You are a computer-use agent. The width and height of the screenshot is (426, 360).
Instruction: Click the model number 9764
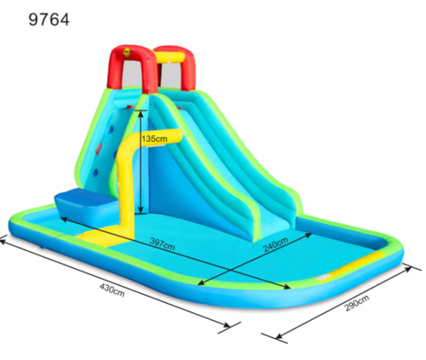click(x=49, y=20)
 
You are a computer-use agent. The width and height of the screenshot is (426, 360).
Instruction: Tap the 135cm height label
click(x=154, y=139)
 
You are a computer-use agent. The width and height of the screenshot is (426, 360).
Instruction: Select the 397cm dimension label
click(x=162, y=244)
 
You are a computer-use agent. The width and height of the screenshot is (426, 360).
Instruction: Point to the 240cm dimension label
click(x=275, y=244)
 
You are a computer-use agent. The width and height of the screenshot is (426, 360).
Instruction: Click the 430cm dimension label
click(x=112, y=290)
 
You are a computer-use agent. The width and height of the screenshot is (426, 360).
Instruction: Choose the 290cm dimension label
click(x=357, y=303)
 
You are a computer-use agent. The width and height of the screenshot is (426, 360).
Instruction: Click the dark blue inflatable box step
click(x=87, y=206)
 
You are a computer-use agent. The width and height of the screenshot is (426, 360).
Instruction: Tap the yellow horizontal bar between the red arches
click(x=170, y=57)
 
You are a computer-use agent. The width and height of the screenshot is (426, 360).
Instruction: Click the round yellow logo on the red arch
click(x=127, y=53)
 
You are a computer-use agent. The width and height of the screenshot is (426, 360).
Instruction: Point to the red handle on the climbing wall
click(x=99, y=149)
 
